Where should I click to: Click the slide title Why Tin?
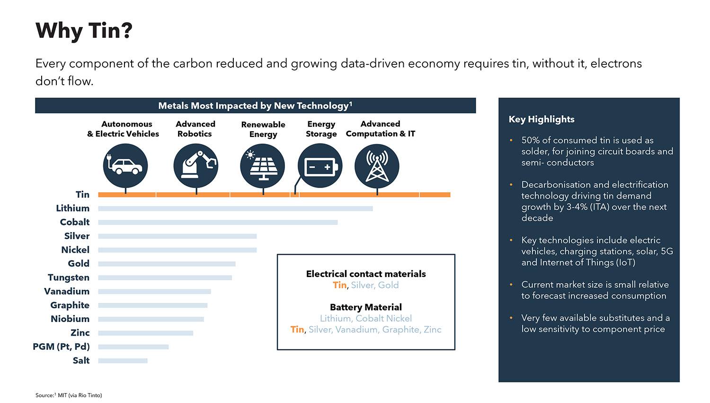pyautogui.click(x=84, y=31)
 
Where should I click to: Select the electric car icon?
pyautogui.click(x=125, y=166)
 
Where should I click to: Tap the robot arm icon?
pyautogui.click(x=196, y=166)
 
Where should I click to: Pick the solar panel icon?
pyautogui.click(x=262, y=166)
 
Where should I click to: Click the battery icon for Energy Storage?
pyautogui.click(x=320, y=166)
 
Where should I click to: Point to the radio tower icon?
pyautogui.click(x=377, y=166)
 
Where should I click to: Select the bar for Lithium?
pyautogui.click(x=235, y=208)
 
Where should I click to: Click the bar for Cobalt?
pyautogui.click(x=218, y=222)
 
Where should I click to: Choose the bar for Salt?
pyautogui.click(x=123, y=361)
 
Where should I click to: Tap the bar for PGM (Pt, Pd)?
pyautogui.click(x=133, y=347)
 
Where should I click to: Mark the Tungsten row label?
pyautogui.click(x=69, y=278)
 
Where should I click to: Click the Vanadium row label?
pyautogui.click(x=67, y=291)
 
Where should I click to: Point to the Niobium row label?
pyautogui.click(x=70, y=319)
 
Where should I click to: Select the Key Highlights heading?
pyautogui.click(x=541, y=119)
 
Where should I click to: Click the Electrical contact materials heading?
pyautogui.click(x=366, y=274)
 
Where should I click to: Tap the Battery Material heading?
pyautogui.click(x=366, y=307)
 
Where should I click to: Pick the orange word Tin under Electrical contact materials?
pyautogui.click(x=339, y=285)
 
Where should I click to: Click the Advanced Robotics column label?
pyautogui.click(x=195, y=129)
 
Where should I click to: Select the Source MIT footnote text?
pyautogui.click(x=69, y=395)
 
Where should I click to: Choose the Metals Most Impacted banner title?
pyautogui.click(x=255, y=106)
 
